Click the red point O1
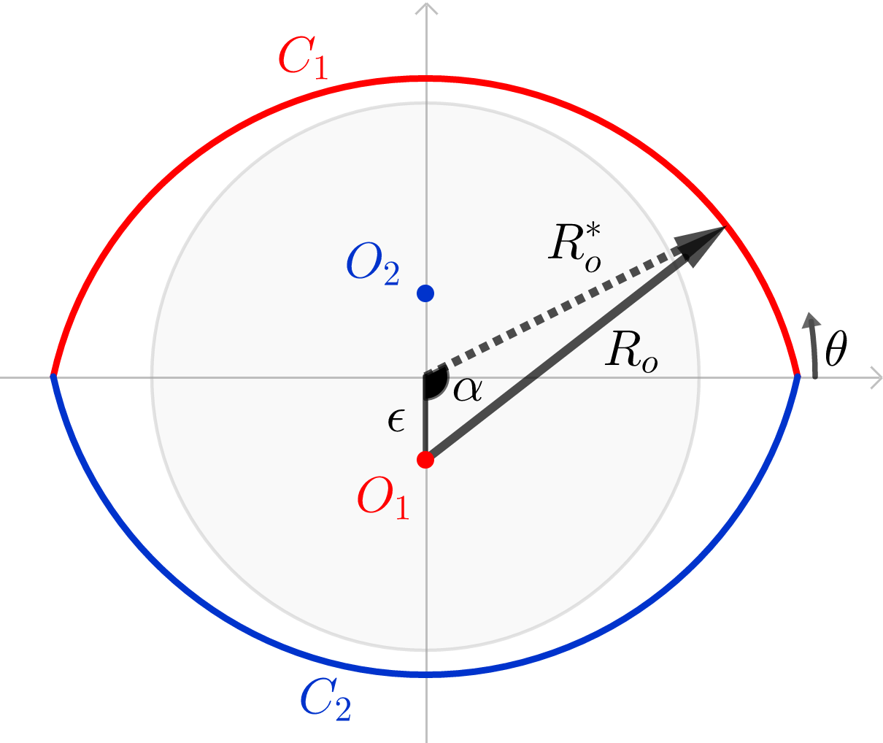(x=425, y=460)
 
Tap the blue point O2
(x=425, y=293)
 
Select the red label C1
(x=303, y=58)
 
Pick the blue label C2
(x=325, y=699)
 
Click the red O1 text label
(x=383, y=498)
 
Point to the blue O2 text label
(x=373, y=263)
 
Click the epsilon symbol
(x=396, y=420)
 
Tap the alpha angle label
(x=467, y=390)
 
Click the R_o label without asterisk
(x=631, y=353)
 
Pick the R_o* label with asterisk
(x=575, y=248)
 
